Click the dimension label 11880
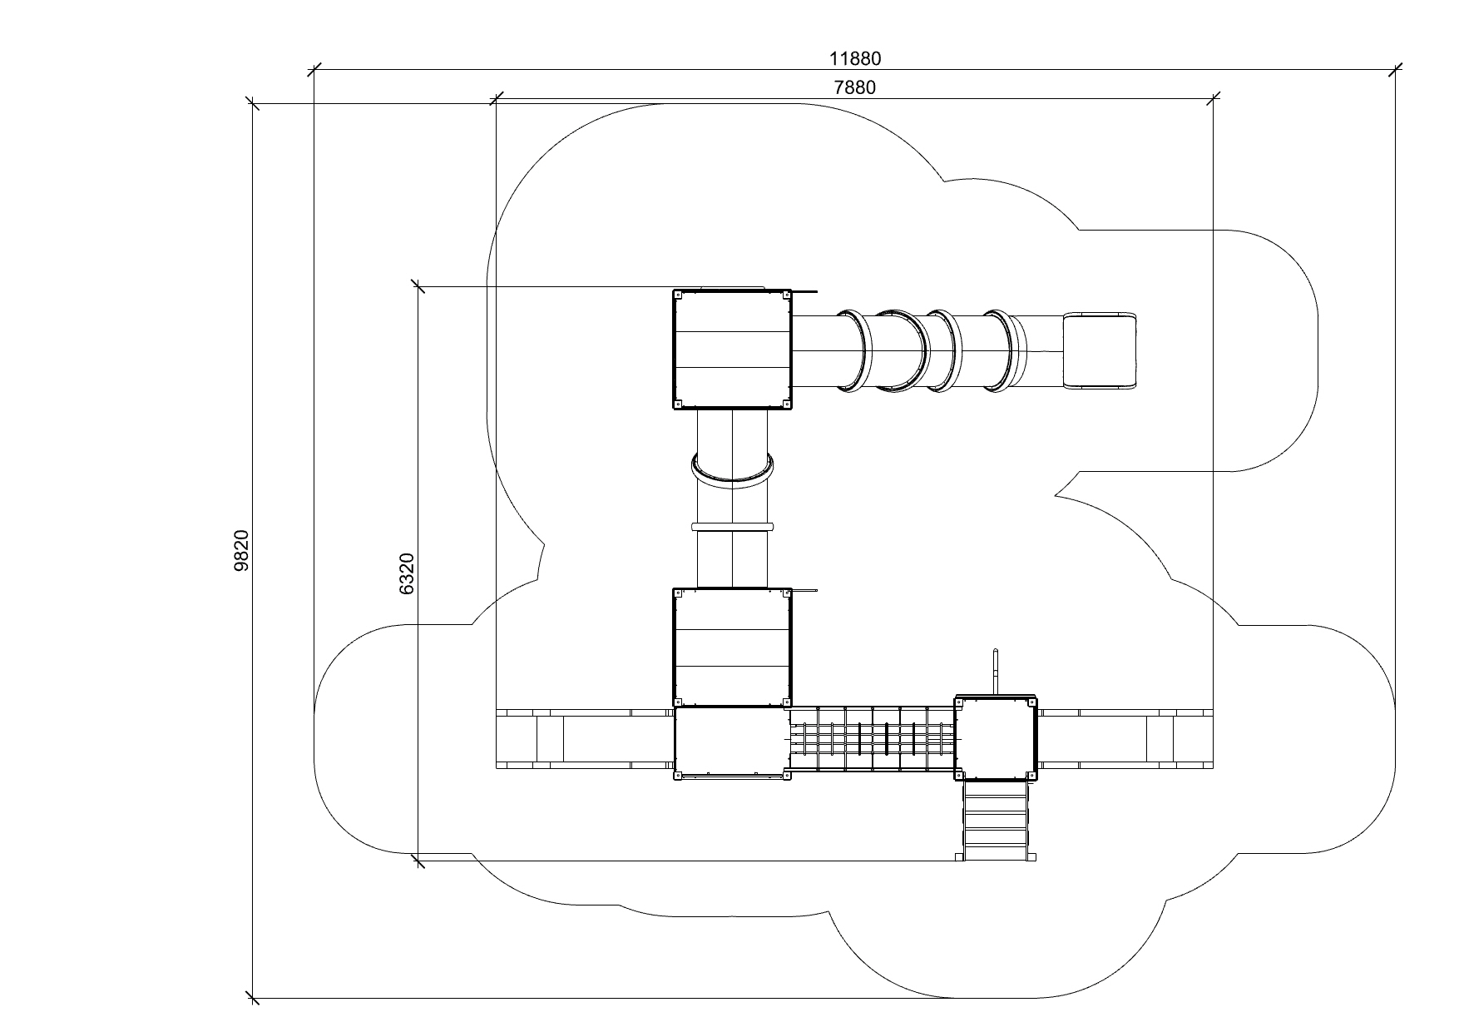[x=855, y=59]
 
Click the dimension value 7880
[x=855, y=87]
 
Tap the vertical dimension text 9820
[x=242, y=550]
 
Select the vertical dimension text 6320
[x=407, y=573]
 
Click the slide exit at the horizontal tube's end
[x=1100, y=350]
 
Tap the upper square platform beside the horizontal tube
[x=732, y=350]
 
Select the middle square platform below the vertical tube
[x=732, y=647]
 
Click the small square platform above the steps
[x=996, y=737]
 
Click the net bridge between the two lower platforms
[x=873, y=741]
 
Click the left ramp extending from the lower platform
[x=585, y=738]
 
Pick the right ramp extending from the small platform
[x=1125, y=738]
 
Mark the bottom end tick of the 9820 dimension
[x=253, y=998]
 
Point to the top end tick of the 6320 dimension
[x=418, y=286]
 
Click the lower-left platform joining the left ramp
[x=732, y=742]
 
